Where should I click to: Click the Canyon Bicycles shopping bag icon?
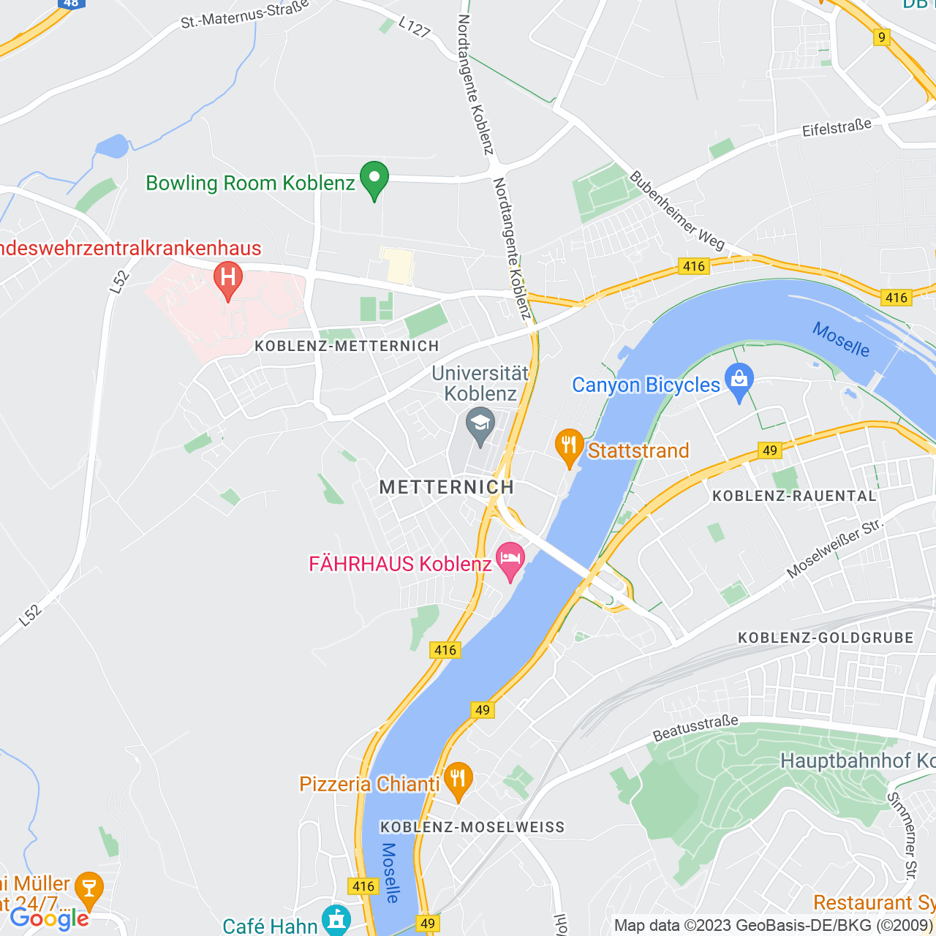click(739, 381)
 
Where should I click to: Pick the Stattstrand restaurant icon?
click(569, 447)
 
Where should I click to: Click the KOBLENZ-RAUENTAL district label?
click(794, 496)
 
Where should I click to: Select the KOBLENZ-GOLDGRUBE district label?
click(826, 638)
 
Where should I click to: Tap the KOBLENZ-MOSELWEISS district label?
click(472, 827)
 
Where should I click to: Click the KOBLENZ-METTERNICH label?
click(347, 346)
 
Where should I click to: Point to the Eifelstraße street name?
click(837, 128)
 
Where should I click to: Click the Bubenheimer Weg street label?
click(677, 211)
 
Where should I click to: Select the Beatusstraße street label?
click(695, 728)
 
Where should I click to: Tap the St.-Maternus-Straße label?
click(245, 15)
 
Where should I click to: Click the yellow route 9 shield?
click(882, 37)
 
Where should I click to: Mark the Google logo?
click(49, 918)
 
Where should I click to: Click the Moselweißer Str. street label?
click(835, 548)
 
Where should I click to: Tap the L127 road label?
click(415, 27)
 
